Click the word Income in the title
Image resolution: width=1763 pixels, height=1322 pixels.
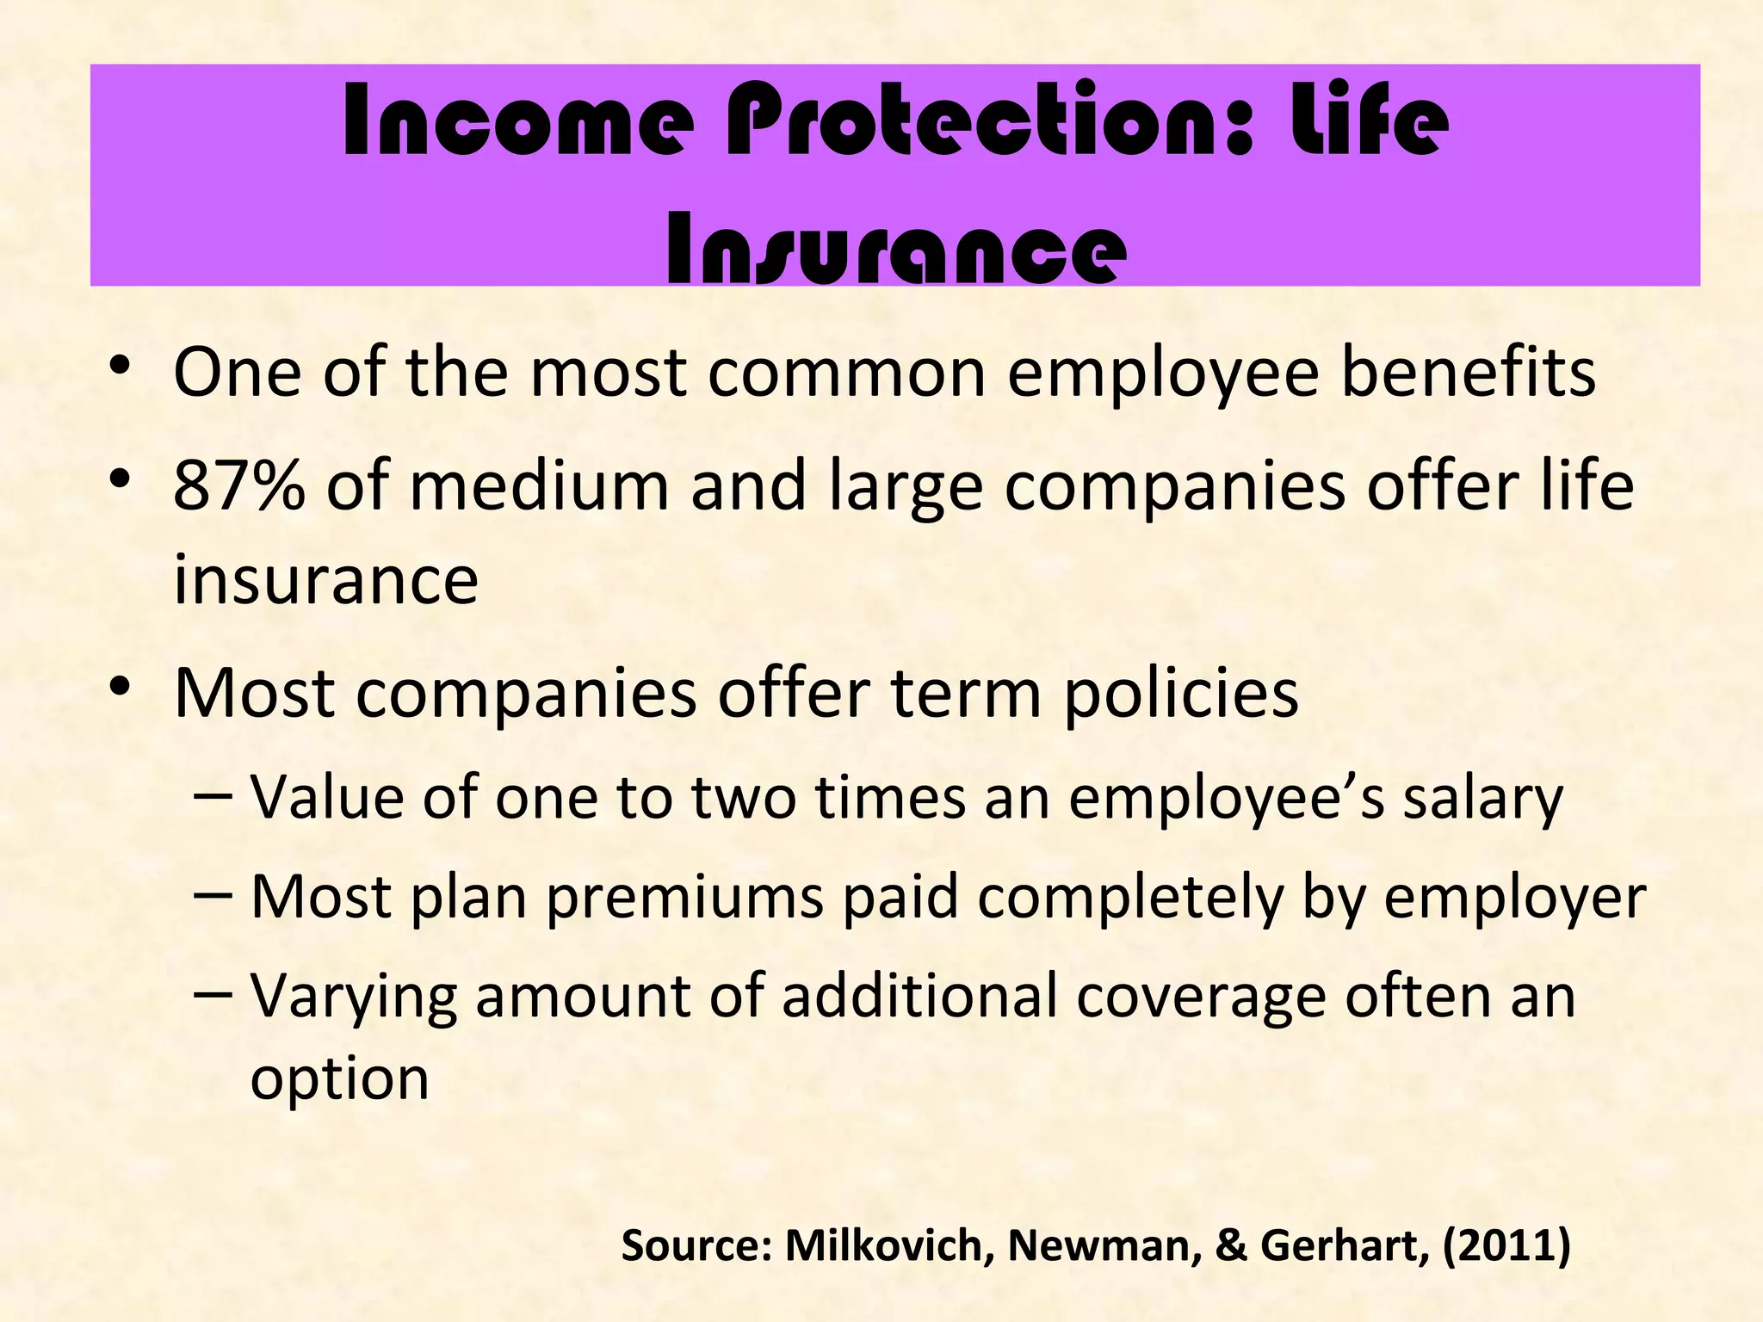517,121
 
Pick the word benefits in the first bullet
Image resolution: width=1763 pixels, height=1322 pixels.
1469,372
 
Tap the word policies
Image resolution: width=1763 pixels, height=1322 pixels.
1181,693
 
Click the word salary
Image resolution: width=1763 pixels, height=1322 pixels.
1482,799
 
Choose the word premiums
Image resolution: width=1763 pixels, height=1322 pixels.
684,898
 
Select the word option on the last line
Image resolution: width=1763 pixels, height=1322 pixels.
339,1079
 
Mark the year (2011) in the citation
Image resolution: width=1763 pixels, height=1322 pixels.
1506,1245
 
